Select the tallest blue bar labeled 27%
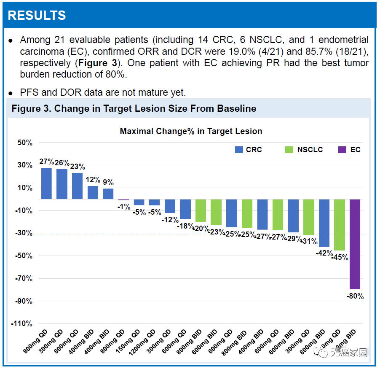point(46,183)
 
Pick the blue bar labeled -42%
point(324,223)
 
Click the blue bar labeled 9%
point(108,194)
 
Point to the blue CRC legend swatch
point(239,150)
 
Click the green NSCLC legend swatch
point(289,150)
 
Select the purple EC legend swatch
point(342,150)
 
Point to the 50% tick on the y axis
point(25,143)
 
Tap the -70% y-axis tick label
point(24,278)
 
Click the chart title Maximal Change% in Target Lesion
point(191,131)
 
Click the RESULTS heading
point(37,16)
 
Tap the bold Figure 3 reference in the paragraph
point(98,63)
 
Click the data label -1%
point(123,207)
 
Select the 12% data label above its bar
point(93,180)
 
